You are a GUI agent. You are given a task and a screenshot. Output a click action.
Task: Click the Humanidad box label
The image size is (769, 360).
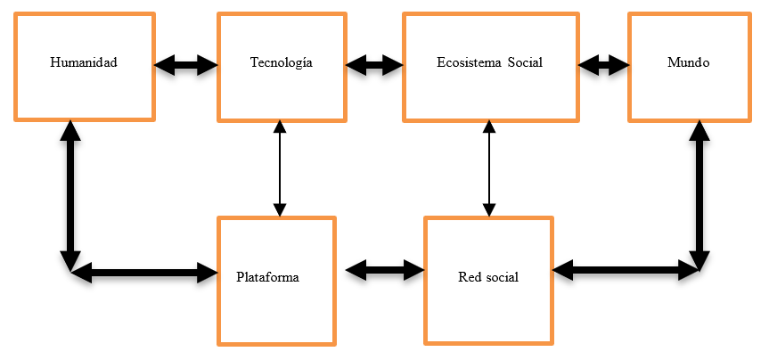[84, 63]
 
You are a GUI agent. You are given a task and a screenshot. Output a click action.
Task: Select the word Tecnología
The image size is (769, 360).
[281, 63]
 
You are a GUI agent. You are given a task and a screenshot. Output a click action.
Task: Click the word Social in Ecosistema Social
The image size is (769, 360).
[525, 63]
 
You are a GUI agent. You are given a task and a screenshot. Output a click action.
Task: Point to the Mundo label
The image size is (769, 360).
[688, 63]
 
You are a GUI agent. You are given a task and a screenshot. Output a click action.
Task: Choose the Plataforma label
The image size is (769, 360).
[267, 277]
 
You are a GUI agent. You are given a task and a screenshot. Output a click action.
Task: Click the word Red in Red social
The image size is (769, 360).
[469, 277]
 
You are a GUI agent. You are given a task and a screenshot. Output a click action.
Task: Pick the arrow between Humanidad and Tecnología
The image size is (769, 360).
[185, 64]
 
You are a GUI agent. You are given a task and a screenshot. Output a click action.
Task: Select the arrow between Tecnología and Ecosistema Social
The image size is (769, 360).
[374, 64]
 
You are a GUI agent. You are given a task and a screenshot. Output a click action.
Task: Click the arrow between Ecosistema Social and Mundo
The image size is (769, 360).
[603, 64]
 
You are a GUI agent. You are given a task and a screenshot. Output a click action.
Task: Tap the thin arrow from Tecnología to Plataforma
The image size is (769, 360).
[280, 169]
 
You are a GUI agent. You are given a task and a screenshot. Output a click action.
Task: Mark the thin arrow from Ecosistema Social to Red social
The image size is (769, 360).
[487, 169]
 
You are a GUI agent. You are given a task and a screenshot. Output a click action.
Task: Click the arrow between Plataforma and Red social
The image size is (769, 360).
[384, 267]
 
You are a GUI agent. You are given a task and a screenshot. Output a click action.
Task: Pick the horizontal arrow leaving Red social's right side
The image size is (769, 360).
[624, 267]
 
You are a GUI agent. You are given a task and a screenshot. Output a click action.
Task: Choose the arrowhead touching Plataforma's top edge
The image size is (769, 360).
[280, 209]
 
